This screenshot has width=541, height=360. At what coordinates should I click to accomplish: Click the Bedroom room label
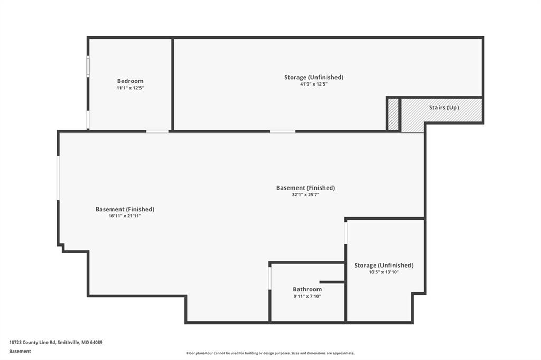[130, 81]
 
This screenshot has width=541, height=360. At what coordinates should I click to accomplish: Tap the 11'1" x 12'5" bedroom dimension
[130, 88]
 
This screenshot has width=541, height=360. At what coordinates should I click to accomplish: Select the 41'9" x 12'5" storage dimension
[314, 84]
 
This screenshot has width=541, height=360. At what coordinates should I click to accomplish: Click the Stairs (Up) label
[444, 107]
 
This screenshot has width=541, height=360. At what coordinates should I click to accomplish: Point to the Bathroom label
[307, 289]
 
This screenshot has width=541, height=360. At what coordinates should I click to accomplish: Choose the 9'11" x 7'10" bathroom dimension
[307, 296]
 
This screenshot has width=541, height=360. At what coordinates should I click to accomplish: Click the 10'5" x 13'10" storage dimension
[384, 272]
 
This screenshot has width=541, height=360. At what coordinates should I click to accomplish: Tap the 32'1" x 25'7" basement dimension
[305, 194]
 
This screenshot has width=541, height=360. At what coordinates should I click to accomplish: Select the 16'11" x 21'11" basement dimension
[125, 216]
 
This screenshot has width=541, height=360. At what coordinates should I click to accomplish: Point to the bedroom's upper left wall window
[88, 67]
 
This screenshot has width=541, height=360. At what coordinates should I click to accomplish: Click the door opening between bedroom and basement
[157, 131]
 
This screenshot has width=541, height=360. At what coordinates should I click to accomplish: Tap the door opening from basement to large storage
[283, 131]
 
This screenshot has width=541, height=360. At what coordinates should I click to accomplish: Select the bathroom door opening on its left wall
[270, 278]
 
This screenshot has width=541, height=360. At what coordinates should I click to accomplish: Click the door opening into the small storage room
[346, 233]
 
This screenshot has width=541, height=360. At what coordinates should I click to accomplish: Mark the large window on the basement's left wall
[58, 178]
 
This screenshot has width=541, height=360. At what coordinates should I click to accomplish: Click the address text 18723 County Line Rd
[32, 343]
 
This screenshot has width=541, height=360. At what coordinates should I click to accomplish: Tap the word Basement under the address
[20, 352]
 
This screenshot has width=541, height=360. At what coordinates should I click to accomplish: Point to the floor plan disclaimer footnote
[270, 353]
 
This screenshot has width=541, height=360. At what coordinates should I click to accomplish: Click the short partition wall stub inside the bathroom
[332, 282]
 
